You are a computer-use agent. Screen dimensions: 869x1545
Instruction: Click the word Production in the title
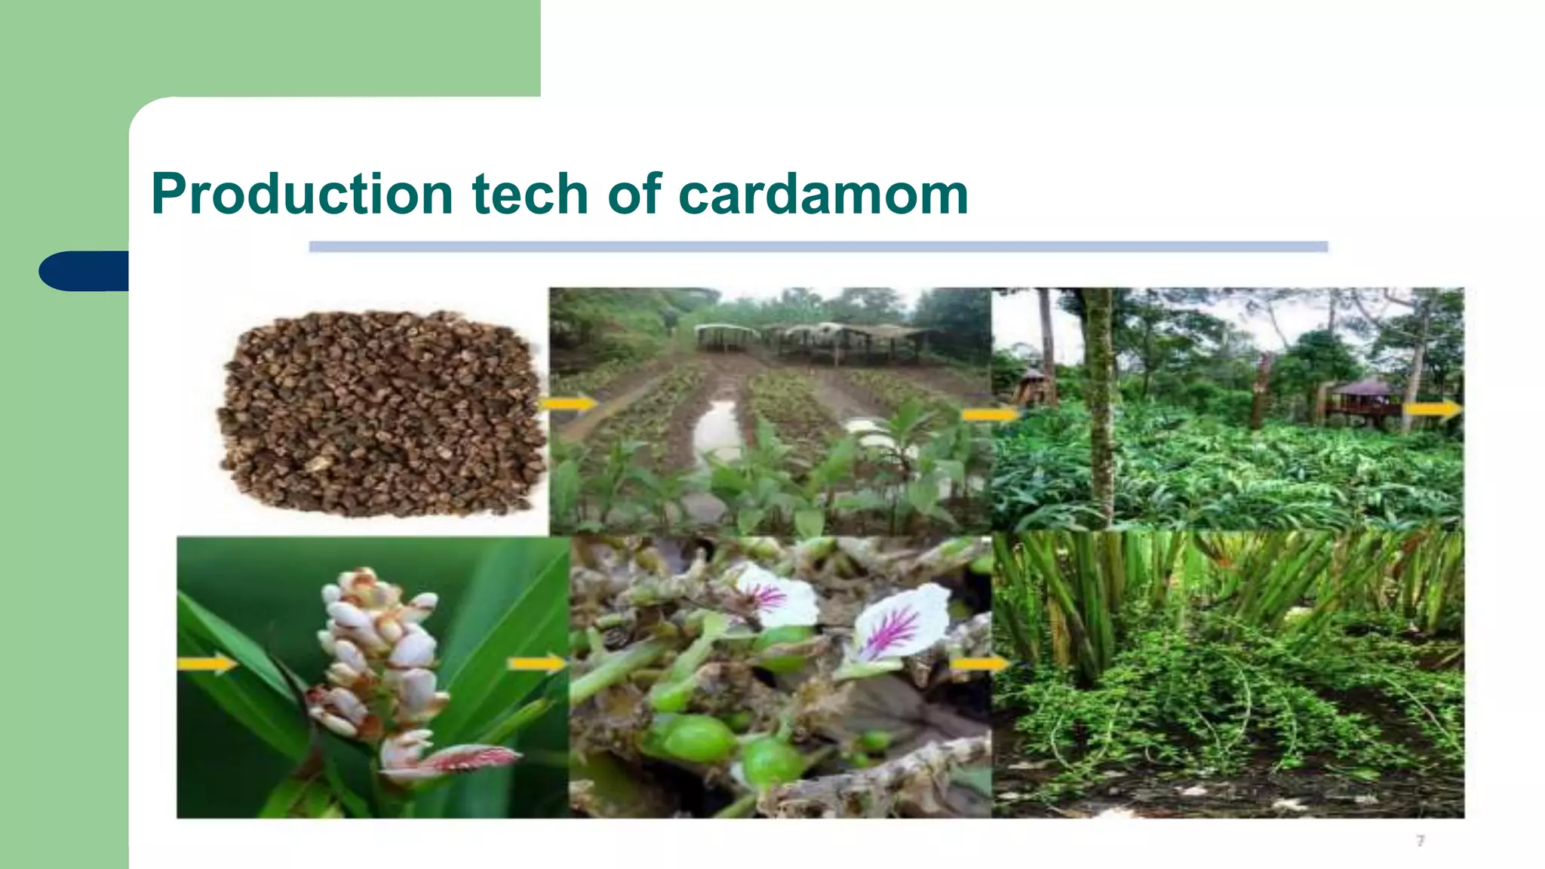click(302, 195)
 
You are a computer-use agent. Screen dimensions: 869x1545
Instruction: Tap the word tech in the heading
click(530, 195)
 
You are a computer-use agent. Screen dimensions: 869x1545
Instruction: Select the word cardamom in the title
click(823, 195)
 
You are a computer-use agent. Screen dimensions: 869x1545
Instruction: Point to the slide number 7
click(1421, 840)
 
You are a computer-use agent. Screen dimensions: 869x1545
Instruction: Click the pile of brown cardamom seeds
click(381, 415)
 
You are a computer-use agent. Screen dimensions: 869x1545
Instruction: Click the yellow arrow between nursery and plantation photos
click(990, 414)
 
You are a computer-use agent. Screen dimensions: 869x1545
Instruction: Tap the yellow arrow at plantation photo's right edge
click(1433, 410)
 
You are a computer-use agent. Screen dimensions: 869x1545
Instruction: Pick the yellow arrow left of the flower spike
click(206, 664)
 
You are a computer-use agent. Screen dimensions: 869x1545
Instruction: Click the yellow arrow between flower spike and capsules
click(536, 664)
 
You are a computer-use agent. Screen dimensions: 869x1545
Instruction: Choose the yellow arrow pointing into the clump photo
click(978, 664)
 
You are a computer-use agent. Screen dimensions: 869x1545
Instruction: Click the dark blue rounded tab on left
click(83, 271)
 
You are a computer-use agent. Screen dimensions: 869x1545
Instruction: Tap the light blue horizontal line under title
click(818, 247)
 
